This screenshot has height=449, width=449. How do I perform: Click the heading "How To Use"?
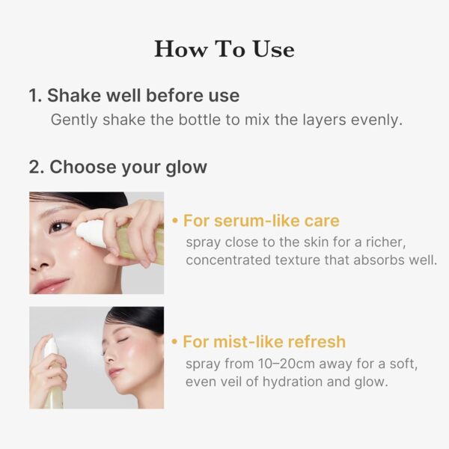[x=224, y=49]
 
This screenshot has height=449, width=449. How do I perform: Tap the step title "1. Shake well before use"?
[x=134, y=96]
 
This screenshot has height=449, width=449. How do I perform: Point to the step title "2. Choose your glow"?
[x=117, y=167]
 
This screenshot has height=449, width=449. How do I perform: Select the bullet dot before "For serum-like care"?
[x=175, y=222]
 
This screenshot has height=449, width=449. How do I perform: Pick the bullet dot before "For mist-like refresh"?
[x=175, y=343]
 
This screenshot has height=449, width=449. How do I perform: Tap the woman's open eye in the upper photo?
[x=61, y=225]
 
